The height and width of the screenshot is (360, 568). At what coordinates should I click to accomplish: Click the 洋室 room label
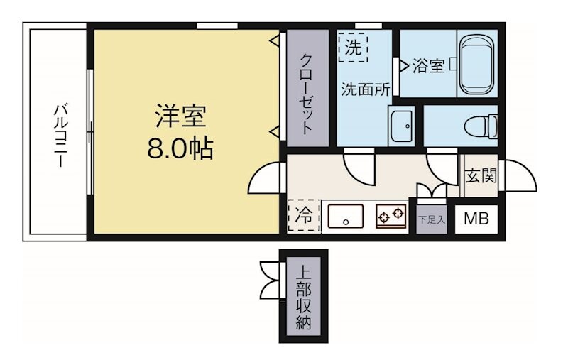pyautogui.click(x=180, y=115)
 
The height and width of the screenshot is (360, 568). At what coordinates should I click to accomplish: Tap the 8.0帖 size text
pyautogui.click(x=180, y=148)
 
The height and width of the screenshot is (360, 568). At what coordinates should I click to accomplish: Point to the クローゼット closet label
pyautogui.click(x=307, y=94)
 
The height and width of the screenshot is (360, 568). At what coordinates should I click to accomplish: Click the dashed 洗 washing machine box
pyautogui.click(x=353, y=48)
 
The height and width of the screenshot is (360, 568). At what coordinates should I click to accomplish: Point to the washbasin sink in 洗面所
pyautogui.click(x=401, y=126)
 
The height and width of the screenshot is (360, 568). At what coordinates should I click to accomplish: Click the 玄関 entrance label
pyautogui.click(x=481, y=175)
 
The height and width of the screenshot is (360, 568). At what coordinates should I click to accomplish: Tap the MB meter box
pyautogui.click(x=476, y=219)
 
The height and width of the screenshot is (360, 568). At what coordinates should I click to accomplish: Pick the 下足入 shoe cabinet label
pyautogui.click(x=431, y=219)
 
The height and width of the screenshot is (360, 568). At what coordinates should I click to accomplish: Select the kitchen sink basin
pyautogui.click(x=344, y=216)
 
